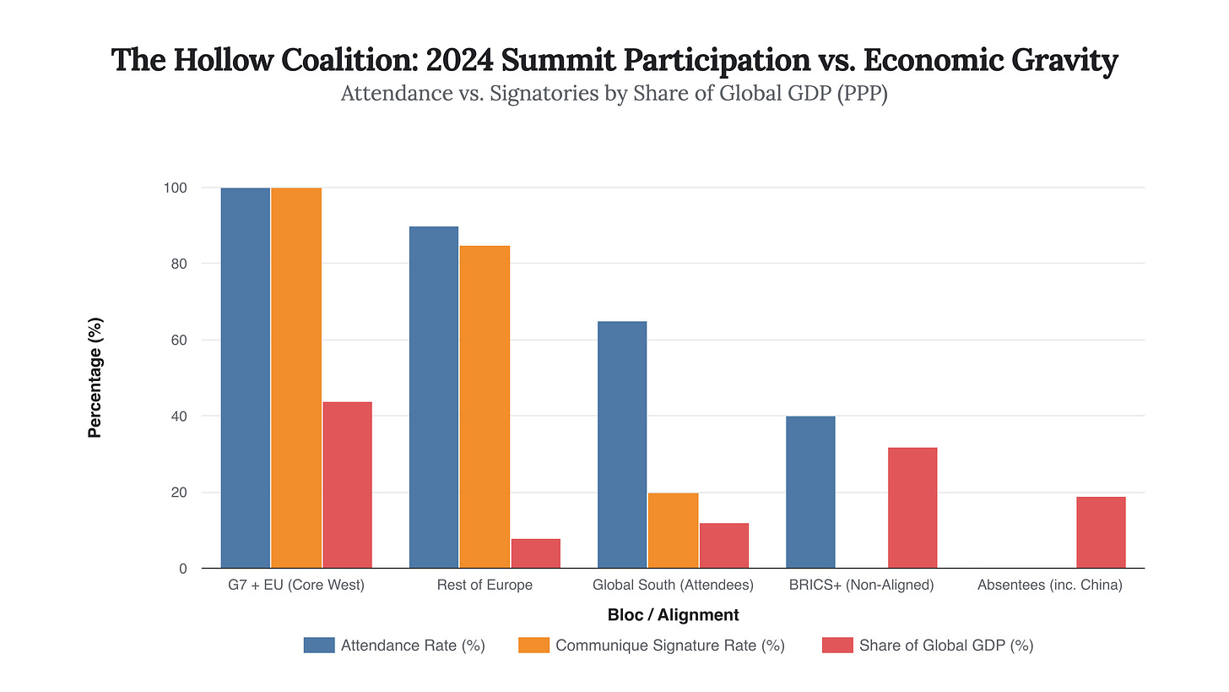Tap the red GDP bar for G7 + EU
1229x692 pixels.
347,485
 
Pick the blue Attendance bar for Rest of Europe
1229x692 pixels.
434,397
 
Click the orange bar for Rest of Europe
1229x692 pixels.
485,406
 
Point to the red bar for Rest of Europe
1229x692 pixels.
535,553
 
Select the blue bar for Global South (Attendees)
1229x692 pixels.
622,444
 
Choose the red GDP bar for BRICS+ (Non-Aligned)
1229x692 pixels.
912,508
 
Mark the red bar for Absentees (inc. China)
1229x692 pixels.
1101,532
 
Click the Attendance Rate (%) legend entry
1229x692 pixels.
394,646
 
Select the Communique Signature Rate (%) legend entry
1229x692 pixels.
652,646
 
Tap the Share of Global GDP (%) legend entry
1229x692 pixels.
928,646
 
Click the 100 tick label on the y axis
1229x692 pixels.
175,188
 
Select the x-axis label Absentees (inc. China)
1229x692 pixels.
1049,585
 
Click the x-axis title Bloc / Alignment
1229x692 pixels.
673,615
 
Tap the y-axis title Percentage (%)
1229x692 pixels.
95,378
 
